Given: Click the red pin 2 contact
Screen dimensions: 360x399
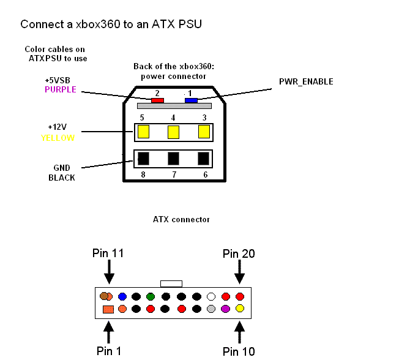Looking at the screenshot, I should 157,100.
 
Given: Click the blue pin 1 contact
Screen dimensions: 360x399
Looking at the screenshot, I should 191,100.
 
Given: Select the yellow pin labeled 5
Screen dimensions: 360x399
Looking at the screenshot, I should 144,132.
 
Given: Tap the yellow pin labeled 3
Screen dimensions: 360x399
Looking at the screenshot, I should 204,132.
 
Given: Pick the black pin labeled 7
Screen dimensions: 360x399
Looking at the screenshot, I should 174,159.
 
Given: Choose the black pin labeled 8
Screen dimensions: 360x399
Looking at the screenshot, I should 144,159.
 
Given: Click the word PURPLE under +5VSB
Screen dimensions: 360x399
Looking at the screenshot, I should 61,89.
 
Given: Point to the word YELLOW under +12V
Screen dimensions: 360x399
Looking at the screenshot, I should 58,138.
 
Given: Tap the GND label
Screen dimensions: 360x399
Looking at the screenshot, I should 62,168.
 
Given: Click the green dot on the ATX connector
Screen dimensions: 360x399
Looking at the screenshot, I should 150,296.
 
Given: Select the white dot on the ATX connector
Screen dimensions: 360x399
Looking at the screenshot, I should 212,296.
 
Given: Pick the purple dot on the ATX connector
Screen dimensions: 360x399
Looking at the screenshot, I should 226,309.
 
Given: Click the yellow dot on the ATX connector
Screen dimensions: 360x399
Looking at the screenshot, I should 240,309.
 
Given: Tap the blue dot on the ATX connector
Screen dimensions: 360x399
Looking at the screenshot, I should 122,296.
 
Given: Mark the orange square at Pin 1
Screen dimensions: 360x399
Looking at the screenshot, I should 108,309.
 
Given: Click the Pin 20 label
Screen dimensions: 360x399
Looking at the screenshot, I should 239,253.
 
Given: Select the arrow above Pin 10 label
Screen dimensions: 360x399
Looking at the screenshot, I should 239,332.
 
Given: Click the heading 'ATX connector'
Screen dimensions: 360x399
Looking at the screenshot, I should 181,219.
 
